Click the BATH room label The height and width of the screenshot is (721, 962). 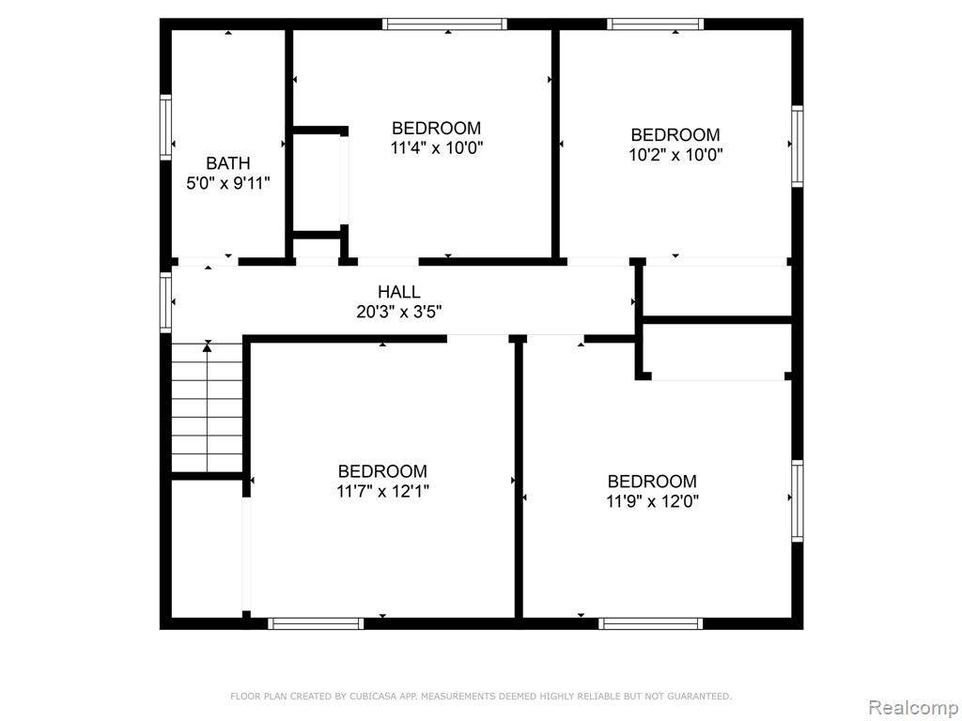point(227,163)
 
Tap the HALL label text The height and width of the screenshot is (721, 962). point(398,292)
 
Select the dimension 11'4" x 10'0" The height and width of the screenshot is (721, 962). point(436,147)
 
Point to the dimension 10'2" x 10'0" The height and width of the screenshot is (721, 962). point(675,155)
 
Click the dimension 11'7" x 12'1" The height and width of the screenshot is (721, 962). point(382,491)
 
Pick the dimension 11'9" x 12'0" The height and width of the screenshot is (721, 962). point(652,501)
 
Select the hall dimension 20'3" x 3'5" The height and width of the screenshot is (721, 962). point(398,312)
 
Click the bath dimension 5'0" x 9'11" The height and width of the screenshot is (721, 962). point(227,183)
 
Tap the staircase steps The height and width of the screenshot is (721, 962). point(208,407)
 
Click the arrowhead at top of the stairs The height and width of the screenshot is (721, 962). point(208,347)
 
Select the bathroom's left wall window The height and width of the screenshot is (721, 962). point(165,128)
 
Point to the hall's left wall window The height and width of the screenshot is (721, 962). point(165,302)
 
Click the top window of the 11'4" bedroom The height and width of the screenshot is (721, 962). point(444,23)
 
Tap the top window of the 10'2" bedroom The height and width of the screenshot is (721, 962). point(655,23)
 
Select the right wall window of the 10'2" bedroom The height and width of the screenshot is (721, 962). point(797,146)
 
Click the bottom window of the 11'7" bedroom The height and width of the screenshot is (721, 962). point(316,623)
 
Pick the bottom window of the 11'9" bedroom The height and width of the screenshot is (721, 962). point(651,623)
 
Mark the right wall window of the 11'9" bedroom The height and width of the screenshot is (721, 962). point(797,501)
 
